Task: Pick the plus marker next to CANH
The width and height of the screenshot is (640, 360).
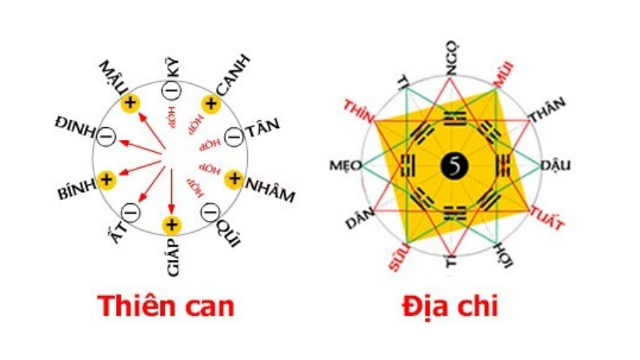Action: (x=210, y=102)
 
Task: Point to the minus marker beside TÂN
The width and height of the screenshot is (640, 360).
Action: (x=234, y=135)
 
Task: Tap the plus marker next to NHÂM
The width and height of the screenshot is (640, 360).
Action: (x=234, y=178)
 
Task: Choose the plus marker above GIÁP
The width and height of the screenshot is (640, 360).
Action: (x=170, y=225)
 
